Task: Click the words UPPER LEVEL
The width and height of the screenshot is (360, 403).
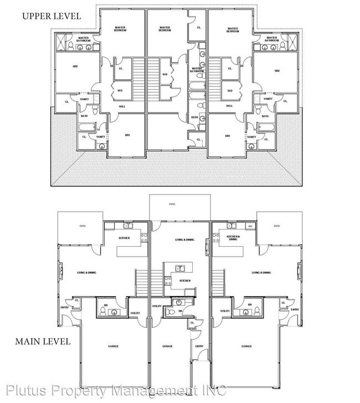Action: (x=51, y=16)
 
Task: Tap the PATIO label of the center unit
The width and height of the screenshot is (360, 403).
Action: (x=172, y=205)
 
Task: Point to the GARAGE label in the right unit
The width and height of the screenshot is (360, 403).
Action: (x=246, y=346)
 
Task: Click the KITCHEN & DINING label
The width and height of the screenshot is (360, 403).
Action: (x=233, y=238)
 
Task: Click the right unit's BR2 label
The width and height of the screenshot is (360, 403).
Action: (x=277, y=71)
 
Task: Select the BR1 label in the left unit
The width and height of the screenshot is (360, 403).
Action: (x=127, y=135)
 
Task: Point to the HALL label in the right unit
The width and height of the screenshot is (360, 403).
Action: (x=229, y=106)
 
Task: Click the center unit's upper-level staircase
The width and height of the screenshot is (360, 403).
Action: (x=154, y=77)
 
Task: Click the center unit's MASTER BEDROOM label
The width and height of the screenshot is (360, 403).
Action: (x=164, y=29)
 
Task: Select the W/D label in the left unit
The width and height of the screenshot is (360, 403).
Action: (x=120, y=90)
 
